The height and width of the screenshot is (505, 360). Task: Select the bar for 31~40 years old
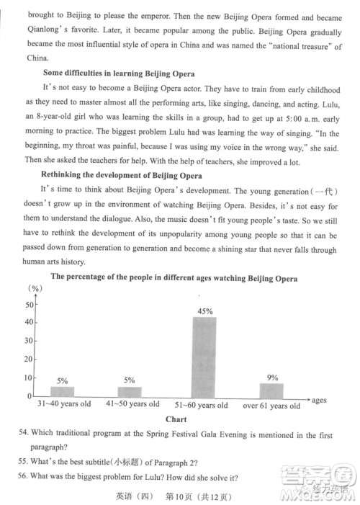(63, 391)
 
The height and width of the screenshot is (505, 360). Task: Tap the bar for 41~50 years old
(130, 391)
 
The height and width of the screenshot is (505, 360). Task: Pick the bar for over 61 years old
(271, 389)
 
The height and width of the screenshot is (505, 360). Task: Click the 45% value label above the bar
(205, 311)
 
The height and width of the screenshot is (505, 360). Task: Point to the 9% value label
(272, 377)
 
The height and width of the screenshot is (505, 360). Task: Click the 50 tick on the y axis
(29, 304)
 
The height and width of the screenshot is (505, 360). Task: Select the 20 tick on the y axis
(29, 359)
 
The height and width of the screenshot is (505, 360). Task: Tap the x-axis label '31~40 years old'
(64, 404)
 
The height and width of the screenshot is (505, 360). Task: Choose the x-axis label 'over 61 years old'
(271, 405)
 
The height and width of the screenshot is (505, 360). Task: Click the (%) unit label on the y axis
(34, 287)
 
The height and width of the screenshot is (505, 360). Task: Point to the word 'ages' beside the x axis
(319, 399)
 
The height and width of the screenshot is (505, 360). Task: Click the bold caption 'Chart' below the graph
(176, 419)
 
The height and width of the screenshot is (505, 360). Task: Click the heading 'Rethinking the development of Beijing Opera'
(120, 176)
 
